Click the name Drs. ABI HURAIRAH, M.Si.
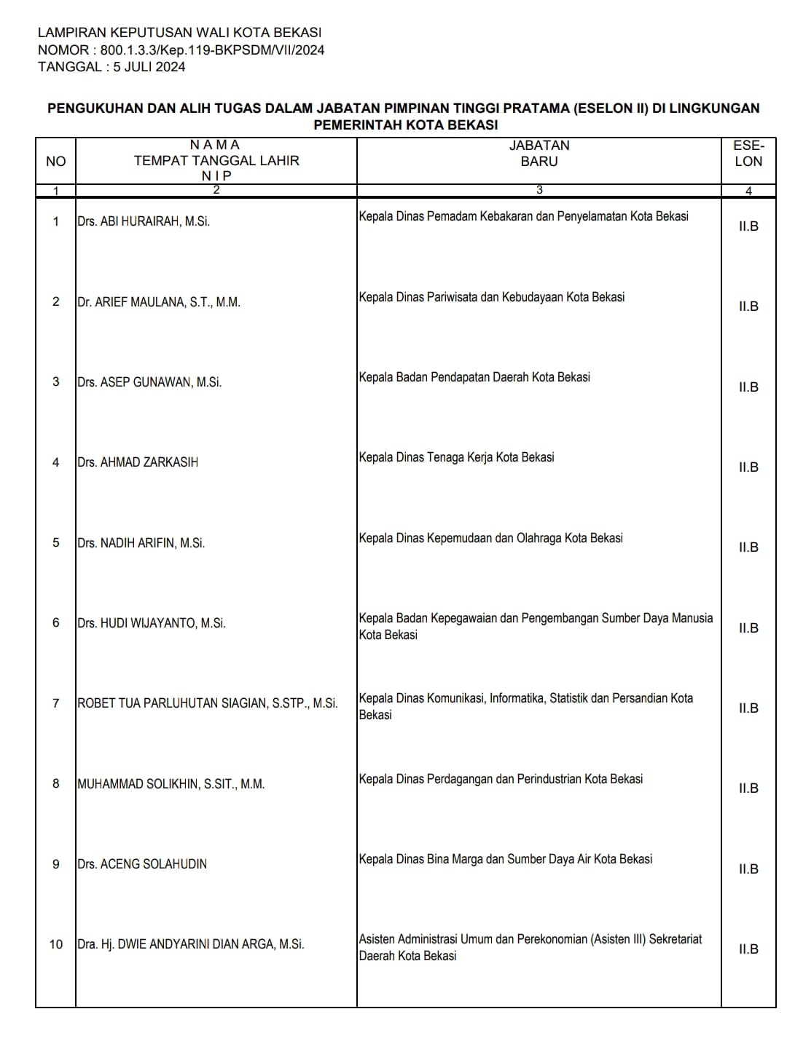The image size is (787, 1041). [x=144, y=221]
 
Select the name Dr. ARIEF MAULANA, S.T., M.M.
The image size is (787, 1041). [x=159, y=302]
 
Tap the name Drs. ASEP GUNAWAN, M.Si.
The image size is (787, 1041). [x=149, y=382]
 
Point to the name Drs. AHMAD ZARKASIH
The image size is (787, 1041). [x=138, y=462]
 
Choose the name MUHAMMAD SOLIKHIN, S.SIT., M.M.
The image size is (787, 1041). [x=171, y=784]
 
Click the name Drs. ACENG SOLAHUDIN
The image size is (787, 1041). [x=142, y=864]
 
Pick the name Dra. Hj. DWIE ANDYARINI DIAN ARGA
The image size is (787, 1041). [x=191, y=944]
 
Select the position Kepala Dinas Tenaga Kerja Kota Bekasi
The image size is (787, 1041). [x=456, y=457]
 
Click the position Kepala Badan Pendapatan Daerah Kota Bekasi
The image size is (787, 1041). [x=474, y=377]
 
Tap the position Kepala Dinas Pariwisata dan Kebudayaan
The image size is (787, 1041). [x=492, y=297]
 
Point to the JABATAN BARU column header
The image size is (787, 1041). [x=539, y=154]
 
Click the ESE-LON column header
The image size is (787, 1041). [x=748, y=154]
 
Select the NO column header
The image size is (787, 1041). [x=55, y=162]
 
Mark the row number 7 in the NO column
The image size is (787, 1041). [x=56, y=703]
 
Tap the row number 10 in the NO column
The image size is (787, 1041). [x=56, y=944]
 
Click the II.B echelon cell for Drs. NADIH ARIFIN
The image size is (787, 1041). [x=748, y=547]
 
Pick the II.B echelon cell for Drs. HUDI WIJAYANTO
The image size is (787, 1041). [x=748, y=628]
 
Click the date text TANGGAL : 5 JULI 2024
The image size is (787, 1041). [x=111, y=67]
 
